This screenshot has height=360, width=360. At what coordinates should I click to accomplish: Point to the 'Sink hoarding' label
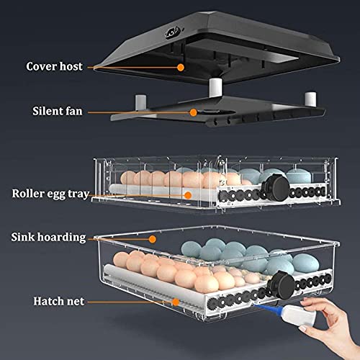(57, 236)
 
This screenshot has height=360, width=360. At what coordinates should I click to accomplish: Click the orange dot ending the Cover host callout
(180, 66)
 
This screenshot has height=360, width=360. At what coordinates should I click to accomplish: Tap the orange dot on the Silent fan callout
(192, 112)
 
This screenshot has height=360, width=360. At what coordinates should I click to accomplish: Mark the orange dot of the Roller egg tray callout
(187, 194)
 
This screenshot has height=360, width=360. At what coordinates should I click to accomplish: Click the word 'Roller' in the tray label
(27, 194)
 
